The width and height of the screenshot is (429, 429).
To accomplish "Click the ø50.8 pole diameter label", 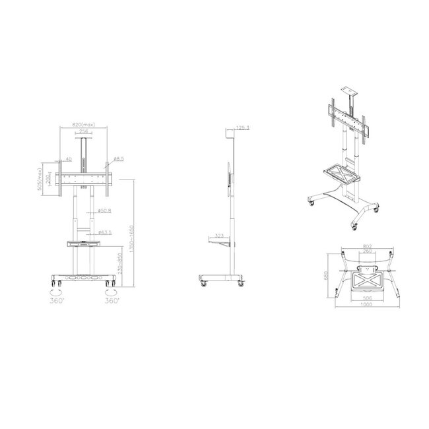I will (104, 211).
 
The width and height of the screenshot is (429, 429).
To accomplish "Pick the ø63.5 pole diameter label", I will (104, 233).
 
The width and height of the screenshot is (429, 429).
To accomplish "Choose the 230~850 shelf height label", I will (119, 265).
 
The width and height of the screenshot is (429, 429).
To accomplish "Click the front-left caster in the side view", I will (203, 283).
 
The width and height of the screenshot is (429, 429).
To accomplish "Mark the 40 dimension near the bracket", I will (68, 159).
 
